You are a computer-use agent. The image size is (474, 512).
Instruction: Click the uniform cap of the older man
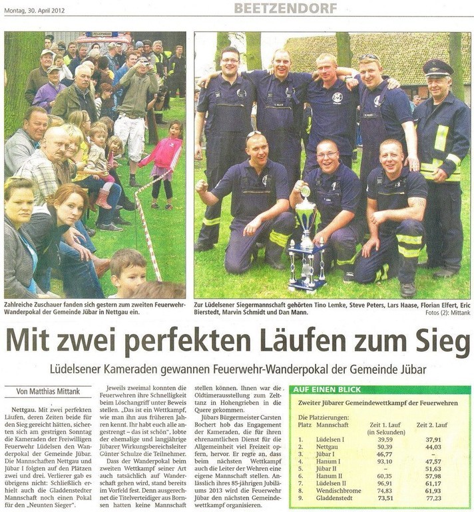(437, 68)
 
